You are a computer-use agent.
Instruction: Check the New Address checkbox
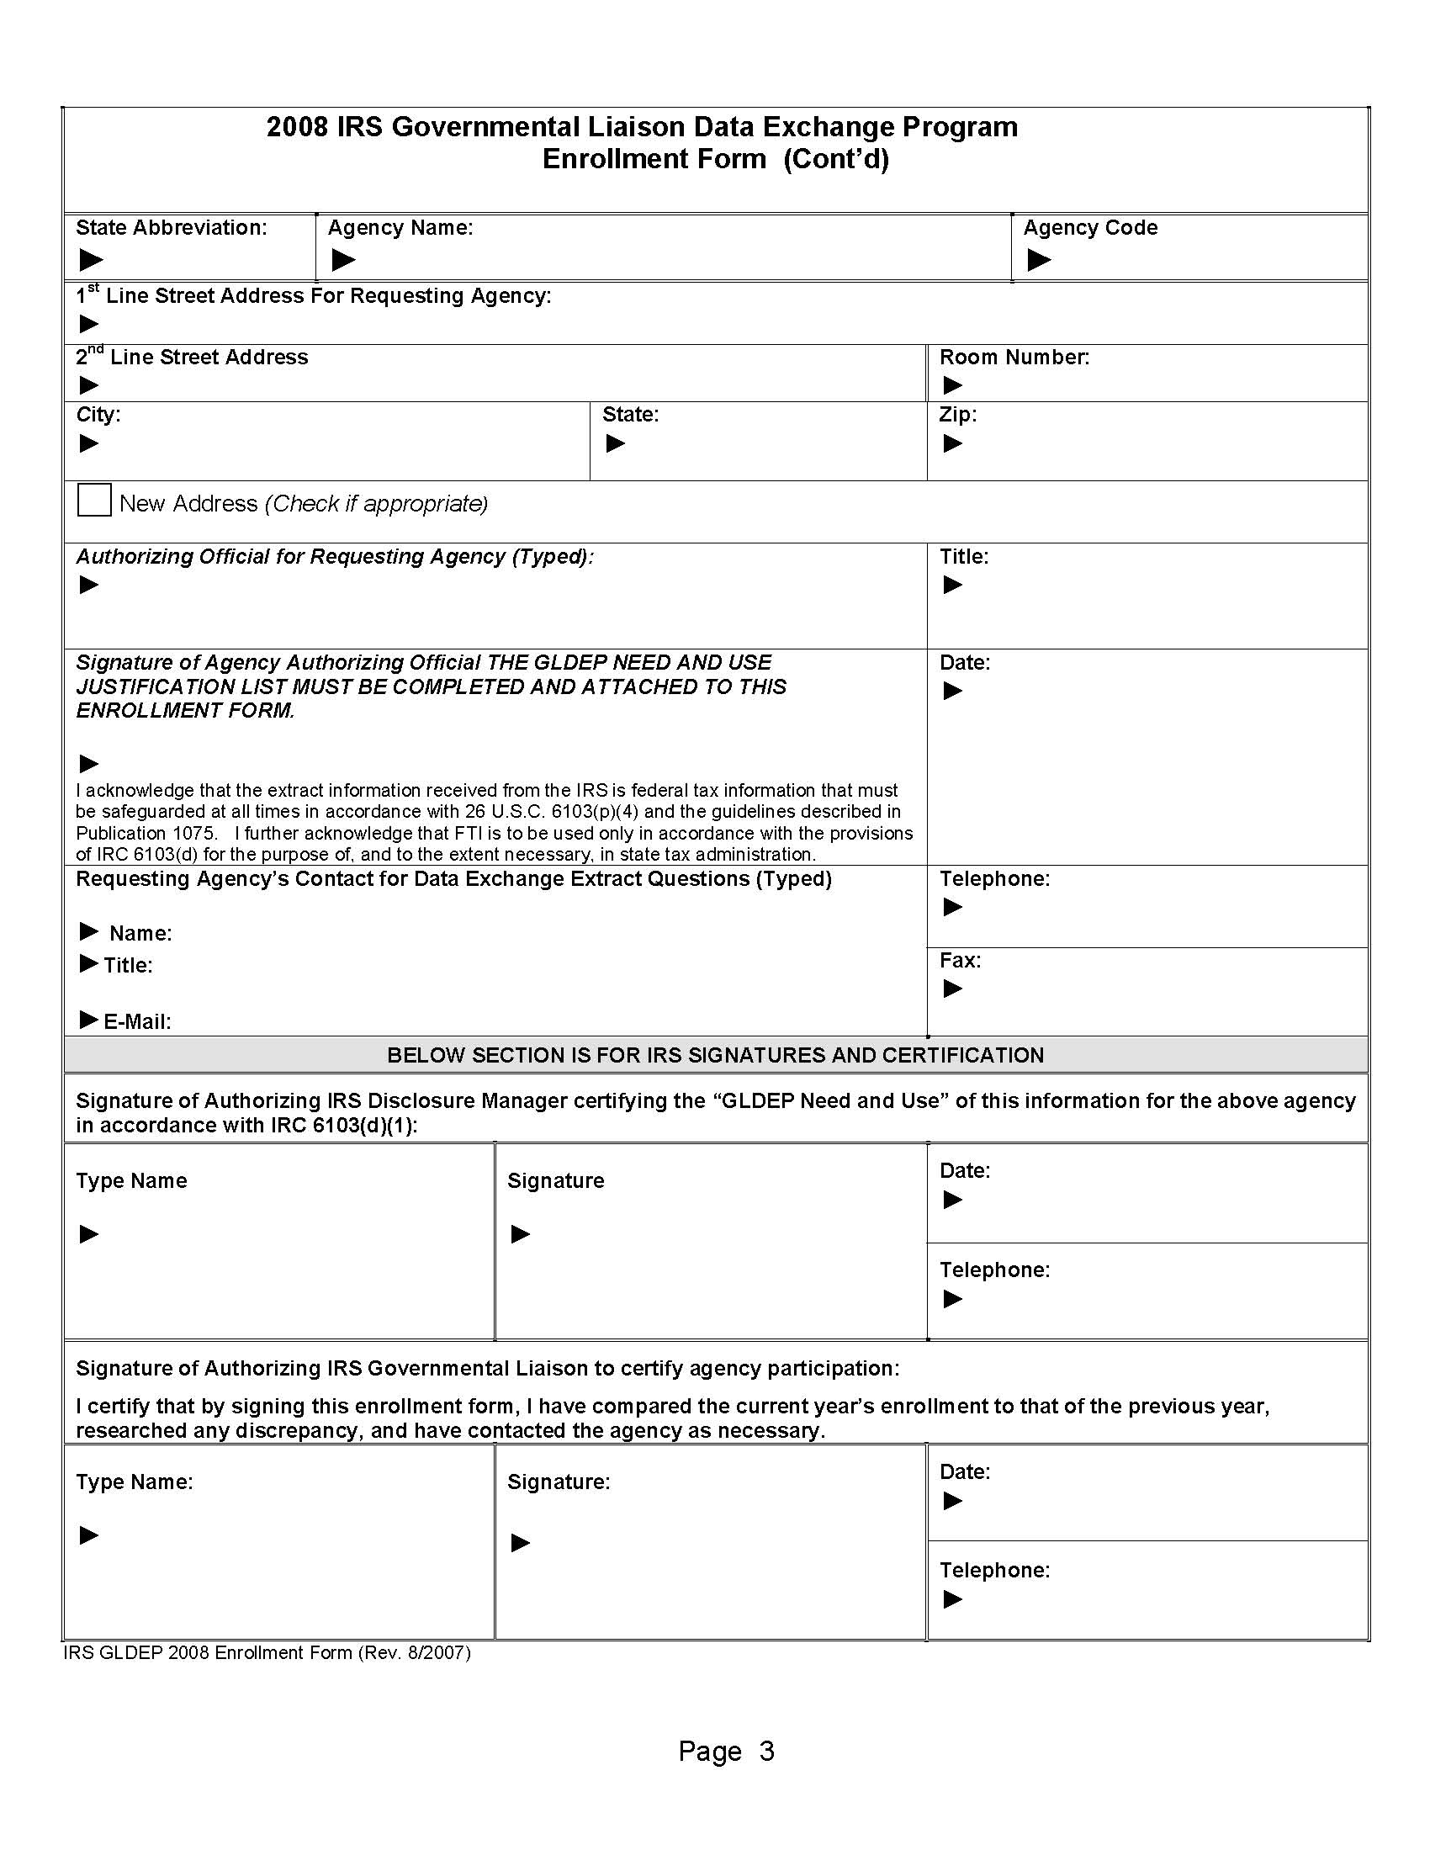[x=94, y=500]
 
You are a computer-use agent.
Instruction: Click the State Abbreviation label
[x=171, y=228]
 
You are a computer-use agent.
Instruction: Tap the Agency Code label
[x=1090, y=228]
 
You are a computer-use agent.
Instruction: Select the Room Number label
[x=1014, y=358]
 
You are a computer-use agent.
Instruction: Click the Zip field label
[x=957, y=415]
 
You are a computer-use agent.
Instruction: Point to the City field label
[x=98, y=415]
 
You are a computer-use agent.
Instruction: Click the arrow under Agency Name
[x=343, y=259]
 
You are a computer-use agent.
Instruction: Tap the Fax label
[x=960, y=961]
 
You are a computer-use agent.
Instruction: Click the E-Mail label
[x=137, y=1021]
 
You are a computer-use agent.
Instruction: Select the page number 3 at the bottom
[x=766, y=1751]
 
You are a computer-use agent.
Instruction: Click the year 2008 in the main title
[x=297, y=127]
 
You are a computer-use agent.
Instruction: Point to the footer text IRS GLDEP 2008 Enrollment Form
[x=267, y=1652]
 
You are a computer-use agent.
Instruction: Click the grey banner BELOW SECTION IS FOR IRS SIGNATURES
[x=715, y=1056]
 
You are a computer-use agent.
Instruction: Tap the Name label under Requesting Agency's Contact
[x=140, y=934]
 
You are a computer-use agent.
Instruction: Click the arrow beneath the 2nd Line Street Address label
[x=89, y=386]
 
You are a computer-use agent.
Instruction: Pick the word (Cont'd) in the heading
[x=835, y=159]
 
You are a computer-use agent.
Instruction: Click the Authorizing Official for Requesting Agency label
[x=335, y=557]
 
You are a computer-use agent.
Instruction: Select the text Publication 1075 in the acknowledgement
[x=146, y=834]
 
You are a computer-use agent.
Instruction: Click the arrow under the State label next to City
[x=616, y=444]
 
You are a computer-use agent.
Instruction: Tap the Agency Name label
[x=400, y=228]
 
